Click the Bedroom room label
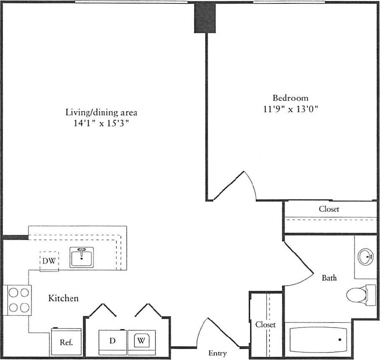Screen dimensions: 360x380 291,98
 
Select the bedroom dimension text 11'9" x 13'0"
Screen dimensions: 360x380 291,109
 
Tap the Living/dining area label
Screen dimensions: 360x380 101,112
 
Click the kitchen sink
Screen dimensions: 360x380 81,258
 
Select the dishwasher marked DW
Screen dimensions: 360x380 49,261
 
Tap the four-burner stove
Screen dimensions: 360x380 19,300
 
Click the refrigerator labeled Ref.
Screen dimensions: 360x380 66,342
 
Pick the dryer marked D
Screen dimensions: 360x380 112,341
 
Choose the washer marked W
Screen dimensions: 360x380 142,341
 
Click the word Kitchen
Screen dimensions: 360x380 63,298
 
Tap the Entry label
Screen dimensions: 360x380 217,353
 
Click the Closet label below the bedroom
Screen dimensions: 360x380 329,209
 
